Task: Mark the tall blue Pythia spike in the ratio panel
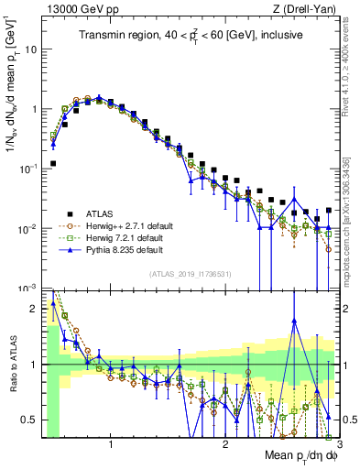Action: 294,321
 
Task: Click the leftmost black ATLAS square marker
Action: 53,164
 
